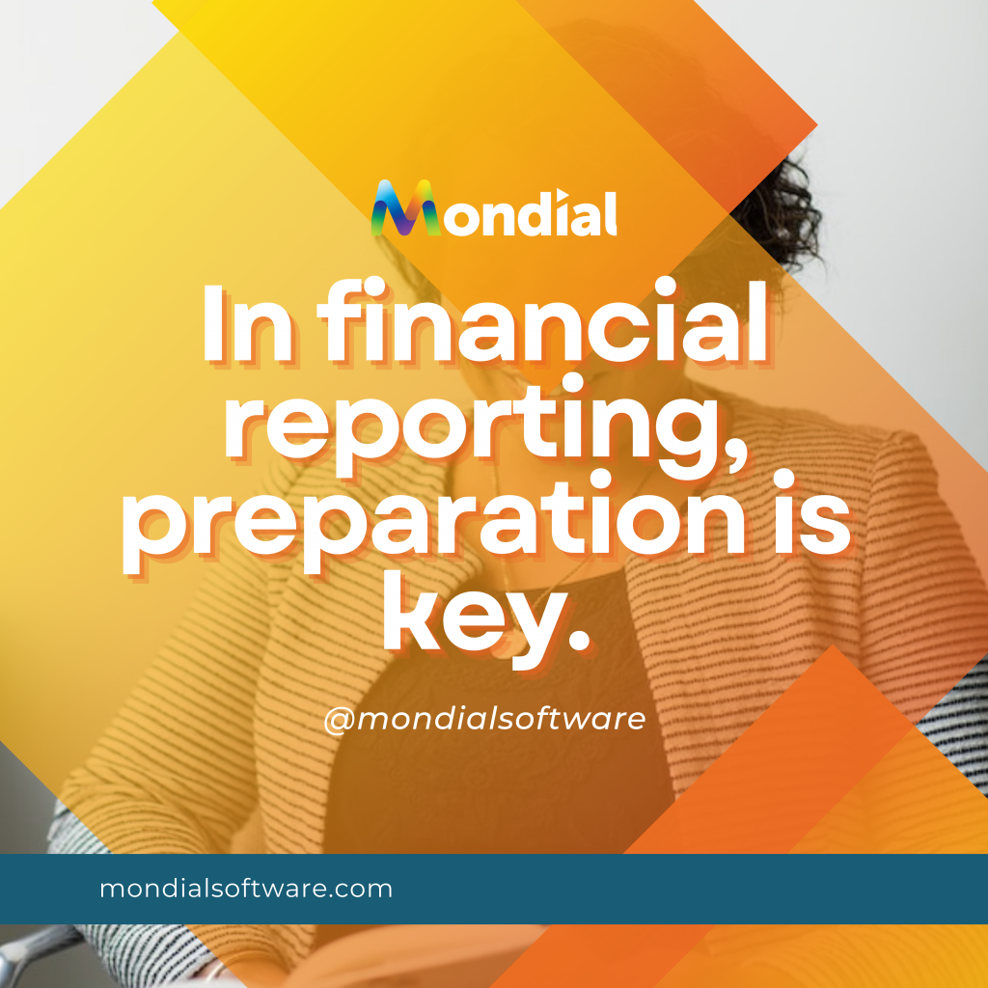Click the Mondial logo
click(x=493, y=208)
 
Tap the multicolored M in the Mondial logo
click(x=406, y=208)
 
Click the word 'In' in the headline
click(x=247, y=324)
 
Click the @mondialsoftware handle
click(x=484, y=719)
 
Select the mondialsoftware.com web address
click(x=246, y=889)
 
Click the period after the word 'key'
click(x=578, y=639)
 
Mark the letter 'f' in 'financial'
click(x=344, y=320)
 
